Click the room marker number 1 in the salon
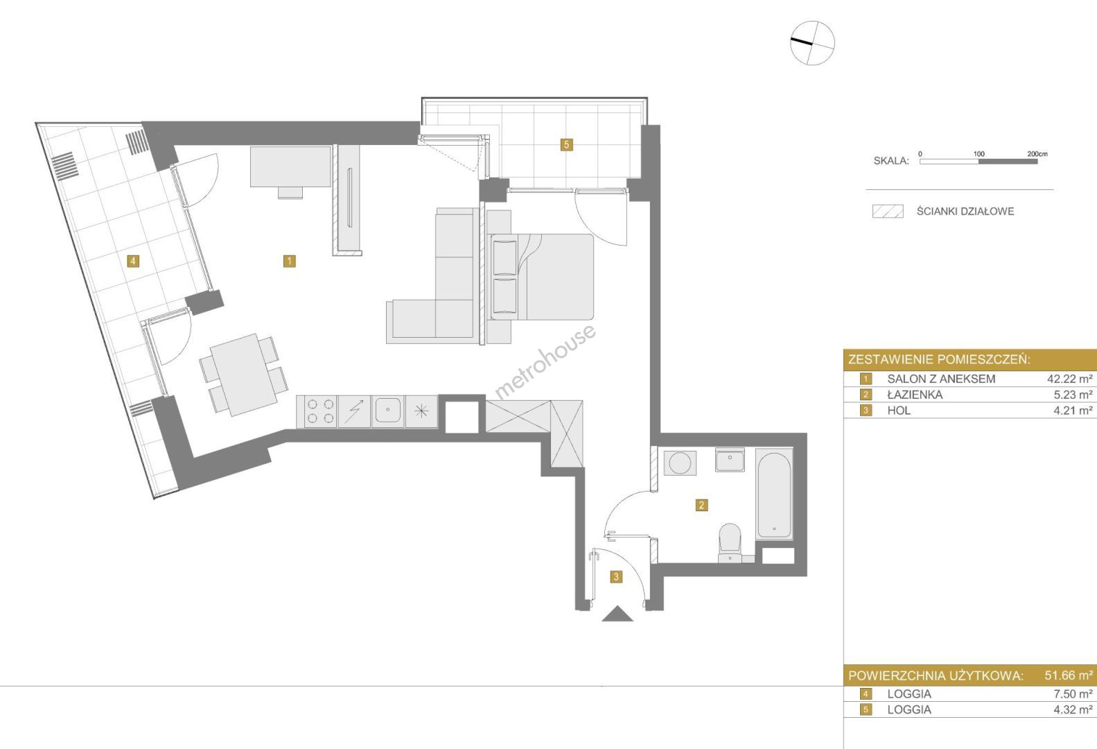click(290, 261)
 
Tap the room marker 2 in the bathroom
click(701, 505)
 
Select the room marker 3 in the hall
click(616, 577)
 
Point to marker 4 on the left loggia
click(133, 261)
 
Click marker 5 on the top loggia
click(567, 145)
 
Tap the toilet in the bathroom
click(730, 542)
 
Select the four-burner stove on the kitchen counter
click(317, 411)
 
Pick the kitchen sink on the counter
click(388, 411)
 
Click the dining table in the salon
click(243, 374)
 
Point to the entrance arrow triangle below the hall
click(617, 614)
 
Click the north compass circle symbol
click(812, 42)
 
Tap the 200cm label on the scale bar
click(1037, 154)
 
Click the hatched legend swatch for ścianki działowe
click(888, 212)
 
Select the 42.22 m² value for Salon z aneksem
click(1070, 379)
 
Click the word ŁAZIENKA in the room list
click(915, 395)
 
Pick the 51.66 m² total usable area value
click(1069, 675)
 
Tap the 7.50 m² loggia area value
click(1073, 694)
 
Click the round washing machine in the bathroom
click(680, 463)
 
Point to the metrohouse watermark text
click(545, 362)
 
